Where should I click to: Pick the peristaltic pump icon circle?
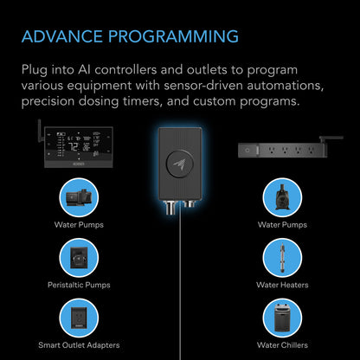(83, 257)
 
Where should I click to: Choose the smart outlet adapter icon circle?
(83, 317)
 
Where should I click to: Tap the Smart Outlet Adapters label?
(83, 345)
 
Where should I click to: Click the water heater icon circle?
(280, 257)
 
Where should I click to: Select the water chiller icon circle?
(280, 317)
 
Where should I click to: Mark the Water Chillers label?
(280, 345)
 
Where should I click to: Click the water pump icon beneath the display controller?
(83, 197)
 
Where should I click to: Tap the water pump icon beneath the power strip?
(280, 197)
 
